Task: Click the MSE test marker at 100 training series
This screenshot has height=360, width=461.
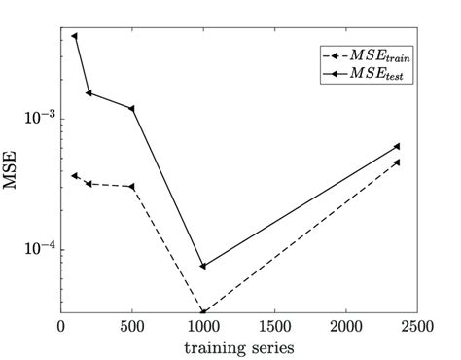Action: (75, 36)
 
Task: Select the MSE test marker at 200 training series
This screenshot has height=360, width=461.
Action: (89, 93)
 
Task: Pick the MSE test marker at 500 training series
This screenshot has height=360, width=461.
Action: (132, 108)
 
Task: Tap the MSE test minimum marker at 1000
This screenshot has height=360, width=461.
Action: (203, 266)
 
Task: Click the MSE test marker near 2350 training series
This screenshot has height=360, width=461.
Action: (397, 146)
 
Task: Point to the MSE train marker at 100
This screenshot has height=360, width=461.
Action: (75, 176)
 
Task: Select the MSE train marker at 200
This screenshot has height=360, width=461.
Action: (89, 184)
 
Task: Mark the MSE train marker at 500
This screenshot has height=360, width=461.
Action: (132, 186)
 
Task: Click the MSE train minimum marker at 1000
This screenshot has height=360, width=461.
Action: (203, 311)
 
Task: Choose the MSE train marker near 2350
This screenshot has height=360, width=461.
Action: (397, 162)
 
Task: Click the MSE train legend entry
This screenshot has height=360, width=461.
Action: (364, 56)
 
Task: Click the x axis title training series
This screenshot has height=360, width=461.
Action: (239, 346)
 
